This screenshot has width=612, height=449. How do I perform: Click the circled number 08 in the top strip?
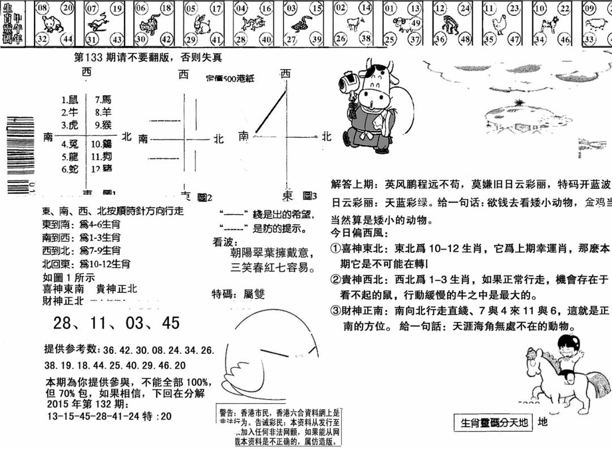[x=42, y=8]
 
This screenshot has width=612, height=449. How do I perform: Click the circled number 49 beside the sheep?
[x=415, y=23]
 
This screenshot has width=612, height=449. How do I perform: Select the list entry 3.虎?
[x=70, y=125]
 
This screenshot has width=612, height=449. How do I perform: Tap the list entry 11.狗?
[x=103, y=156]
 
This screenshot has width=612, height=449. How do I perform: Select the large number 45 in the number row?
[x=170, y=323]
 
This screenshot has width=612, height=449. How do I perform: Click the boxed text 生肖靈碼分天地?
[x=494, y=422]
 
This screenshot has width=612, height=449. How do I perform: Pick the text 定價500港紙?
[x=230, y=78]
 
